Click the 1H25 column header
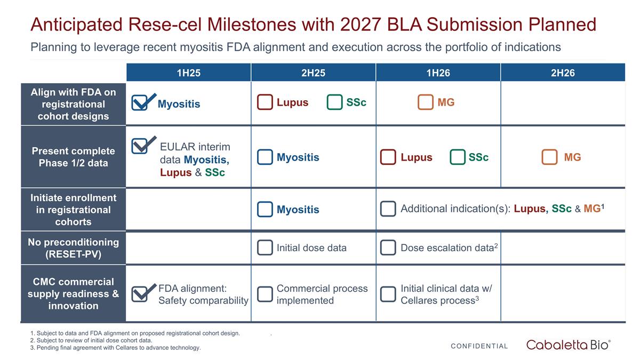(x=188, y=73)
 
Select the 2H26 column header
(x=563, y=73)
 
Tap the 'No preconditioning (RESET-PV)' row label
(x=73, y=248)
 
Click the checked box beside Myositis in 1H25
(x=140, y=103)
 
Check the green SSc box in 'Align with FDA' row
(x=334, y=102)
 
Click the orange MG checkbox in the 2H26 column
(x=549, y=157)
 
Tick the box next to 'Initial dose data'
(x=265, y=247)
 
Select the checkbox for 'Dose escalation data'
(x=388, y=247)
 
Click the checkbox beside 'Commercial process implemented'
(x=265, y=294)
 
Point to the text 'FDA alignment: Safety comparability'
(x=203, y=294)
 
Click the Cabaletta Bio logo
(x=569, y=345)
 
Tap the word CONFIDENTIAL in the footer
(x=479, y=346)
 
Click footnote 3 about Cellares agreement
(x=116, y=348)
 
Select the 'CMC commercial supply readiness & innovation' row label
(x=73, y=294)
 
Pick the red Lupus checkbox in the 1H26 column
(x=388, y=157)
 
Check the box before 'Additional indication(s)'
(x=388, y=209)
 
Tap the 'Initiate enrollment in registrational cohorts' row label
(x=73, y=210)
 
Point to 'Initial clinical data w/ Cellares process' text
(x=446, y=294)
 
